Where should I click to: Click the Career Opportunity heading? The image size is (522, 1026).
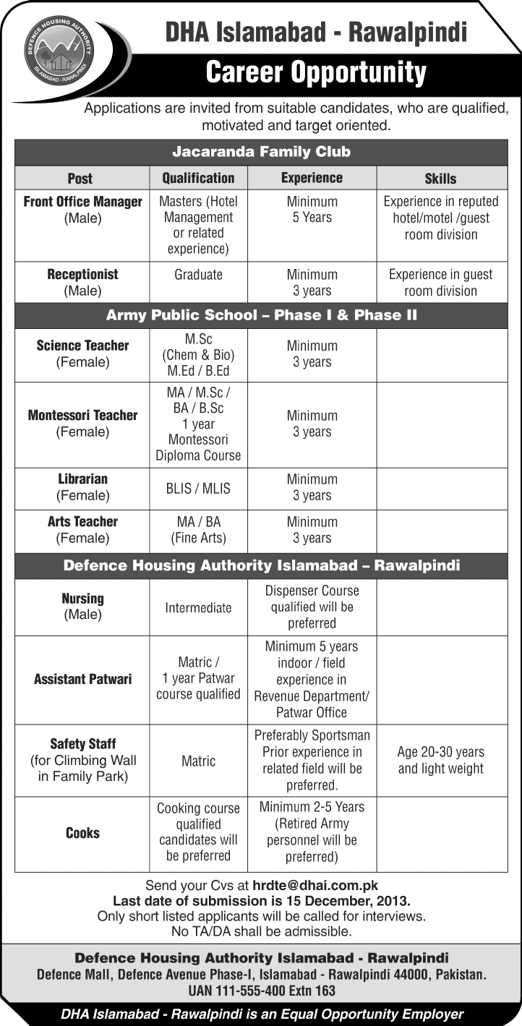click(x=316, y=73)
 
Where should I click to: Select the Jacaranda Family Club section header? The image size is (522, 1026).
click(x=261, y=152)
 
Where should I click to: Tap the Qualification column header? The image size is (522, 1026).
click(x=198, y=178)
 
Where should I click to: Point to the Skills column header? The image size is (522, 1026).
click(x=440, y=178)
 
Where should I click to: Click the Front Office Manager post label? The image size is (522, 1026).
click(x=82, y=210)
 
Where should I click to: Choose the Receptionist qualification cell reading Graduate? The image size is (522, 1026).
click(x=198, y=275)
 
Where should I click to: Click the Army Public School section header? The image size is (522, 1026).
click(x=261, y=315)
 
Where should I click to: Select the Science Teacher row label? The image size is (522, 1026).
click(x=82, y=354)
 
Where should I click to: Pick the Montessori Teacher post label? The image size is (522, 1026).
click(x=82, y=423)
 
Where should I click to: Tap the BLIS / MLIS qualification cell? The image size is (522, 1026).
click(x=198, y=488)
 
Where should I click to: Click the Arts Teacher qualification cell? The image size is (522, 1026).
click(x=198, y=529)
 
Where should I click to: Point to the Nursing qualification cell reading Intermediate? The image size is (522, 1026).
click(x=198, y=608)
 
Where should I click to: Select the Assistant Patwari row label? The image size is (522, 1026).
click(x=82, y=680)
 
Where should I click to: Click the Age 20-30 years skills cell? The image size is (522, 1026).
click(x=440, y=761)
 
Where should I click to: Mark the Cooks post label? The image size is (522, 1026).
click(x=82, y=833)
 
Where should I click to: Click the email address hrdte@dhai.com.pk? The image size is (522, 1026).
click(x=315, y=885)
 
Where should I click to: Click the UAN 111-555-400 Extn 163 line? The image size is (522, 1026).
click(x=261, y=991)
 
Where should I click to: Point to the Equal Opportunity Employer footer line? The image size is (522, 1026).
click(x=261, y=1014)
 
